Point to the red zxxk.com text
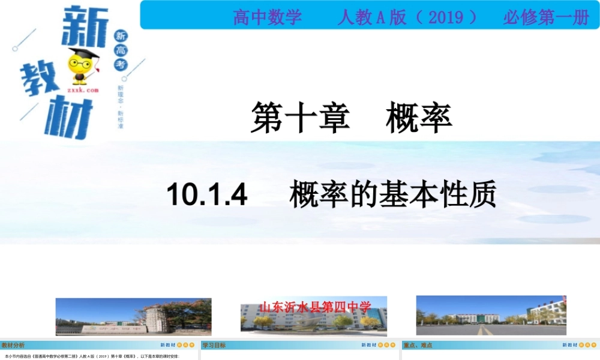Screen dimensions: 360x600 click(82, 91)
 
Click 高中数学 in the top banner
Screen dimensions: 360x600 click(268, 17)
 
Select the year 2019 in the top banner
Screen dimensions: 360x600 click(446, 17)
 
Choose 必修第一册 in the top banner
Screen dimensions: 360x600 click(545, 17)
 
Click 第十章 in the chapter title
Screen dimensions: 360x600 click(299, 117)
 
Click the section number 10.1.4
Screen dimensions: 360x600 click(207, 195)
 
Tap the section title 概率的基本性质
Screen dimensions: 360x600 click(393, 195)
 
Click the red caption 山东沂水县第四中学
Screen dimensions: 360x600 click(314, 307)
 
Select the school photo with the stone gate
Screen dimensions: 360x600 click(133, 317)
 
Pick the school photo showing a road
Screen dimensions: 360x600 click(491, 316)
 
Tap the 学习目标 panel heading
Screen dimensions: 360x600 click(214, 345)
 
